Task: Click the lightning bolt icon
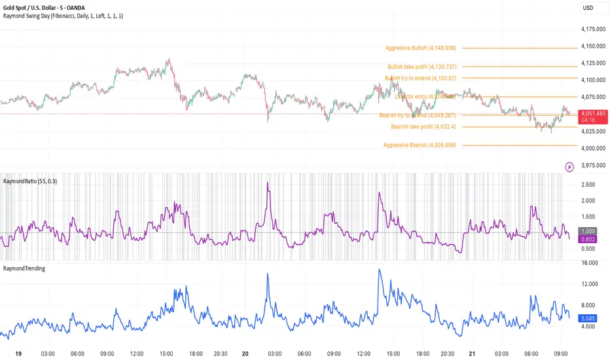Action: pos(569,167)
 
